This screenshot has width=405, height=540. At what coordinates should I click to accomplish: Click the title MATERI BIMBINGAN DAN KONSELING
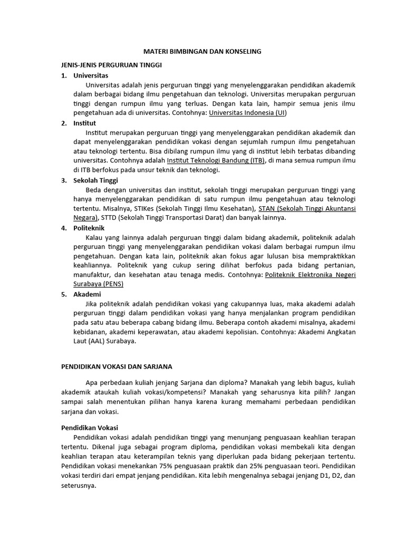202,52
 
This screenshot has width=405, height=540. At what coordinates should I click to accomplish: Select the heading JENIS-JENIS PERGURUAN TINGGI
111,64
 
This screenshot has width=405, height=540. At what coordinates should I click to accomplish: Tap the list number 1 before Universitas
63,75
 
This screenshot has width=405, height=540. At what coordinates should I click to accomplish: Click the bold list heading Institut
85,123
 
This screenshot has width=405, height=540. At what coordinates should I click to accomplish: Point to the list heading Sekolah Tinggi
95,180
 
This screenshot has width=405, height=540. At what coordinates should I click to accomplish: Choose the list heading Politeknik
89,228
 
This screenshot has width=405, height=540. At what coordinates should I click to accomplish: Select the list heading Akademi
87,294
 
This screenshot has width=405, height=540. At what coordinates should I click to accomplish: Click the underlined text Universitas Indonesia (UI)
248,113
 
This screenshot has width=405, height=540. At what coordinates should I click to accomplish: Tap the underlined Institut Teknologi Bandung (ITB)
215,160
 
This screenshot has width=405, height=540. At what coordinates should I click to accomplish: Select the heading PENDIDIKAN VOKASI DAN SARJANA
117,366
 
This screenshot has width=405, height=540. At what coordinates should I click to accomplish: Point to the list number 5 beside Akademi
63,294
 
